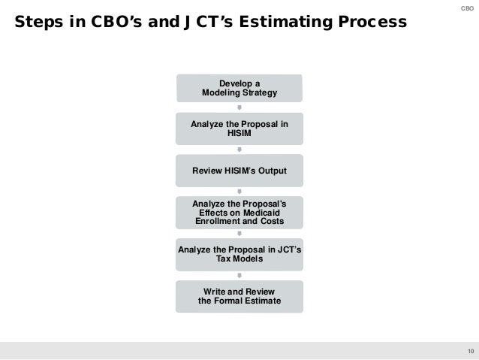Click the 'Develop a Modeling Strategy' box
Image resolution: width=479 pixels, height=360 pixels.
[239, 87]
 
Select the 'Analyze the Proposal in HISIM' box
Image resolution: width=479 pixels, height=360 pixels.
[239, 129]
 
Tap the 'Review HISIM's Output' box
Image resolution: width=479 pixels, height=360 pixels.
[239, 171]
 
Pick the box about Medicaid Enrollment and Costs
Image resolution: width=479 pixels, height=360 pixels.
[239, 213]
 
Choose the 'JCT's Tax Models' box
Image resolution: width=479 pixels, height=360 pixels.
[239, 255]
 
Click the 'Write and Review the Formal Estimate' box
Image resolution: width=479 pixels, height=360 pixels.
[239, 296]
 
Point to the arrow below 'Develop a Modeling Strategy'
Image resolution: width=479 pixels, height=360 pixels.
[239, 107]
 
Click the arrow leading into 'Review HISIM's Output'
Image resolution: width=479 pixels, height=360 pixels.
[239, 150]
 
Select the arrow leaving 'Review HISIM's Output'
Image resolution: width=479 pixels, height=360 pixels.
[239, 192]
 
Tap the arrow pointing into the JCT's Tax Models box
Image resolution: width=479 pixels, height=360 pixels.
[239, 234]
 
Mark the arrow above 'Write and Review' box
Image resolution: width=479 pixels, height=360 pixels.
[239, 276]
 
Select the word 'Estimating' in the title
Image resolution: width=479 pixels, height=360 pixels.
[295, 23]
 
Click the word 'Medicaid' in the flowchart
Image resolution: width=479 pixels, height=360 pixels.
[265, 213]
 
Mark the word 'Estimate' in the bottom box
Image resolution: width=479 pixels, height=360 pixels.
[261, 301]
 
